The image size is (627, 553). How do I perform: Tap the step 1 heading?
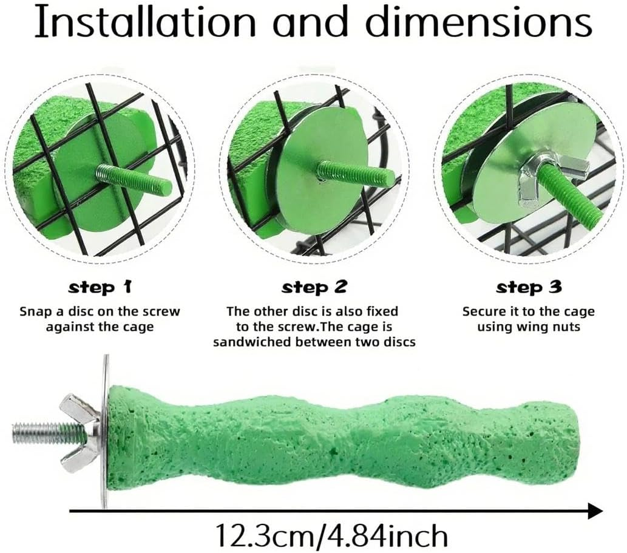100,288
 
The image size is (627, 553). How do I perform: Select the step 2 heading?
314,288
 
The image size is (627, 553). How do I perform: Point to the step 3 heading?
529,288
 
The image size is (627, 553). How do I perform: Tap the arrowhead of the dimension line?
595,511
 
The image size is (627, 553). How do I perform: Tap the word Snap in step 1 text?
35,312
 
